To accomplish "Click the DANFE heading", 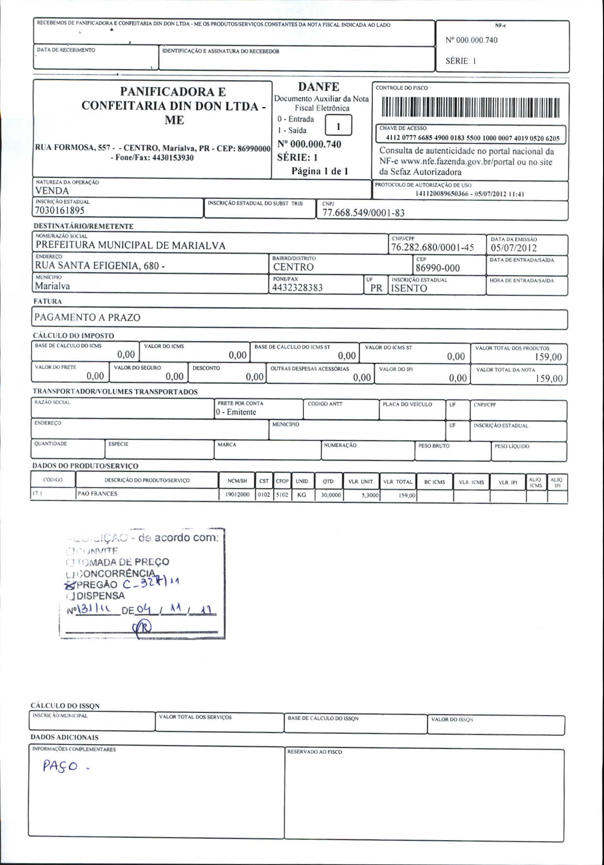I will coord(319,87).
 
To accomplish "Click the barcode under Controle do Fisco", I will coord(470,107).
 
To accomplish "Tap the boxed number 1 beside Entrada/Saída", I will coord(338,126).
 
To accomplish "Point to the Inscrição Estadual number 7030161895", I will coord(60,210).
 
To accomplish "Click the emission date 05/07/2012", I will coord(514,248).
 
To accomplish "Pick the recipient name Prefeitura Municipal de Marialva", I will coord(131,245).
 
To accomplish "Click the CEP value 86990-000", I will coord(437,268).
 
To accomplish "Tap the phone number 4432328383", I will coord(297,288).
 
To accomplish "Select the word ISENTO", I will coord(409,288).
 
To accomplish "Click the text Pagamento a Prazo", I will coord(87,318).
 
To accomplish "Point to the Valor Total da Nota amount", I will coord(549,378).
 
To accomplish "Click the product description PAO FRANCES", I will coord(97,494).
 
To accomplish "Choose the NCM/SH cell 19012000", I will coord(237,495).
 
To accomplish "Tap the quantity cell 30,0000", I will coord(331,495).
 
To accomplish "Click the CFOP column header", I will coord(282,481).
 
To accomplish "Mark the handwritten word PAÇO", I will coord(60,766).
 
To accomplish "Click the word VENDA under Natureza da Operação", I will coord(52,191).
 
